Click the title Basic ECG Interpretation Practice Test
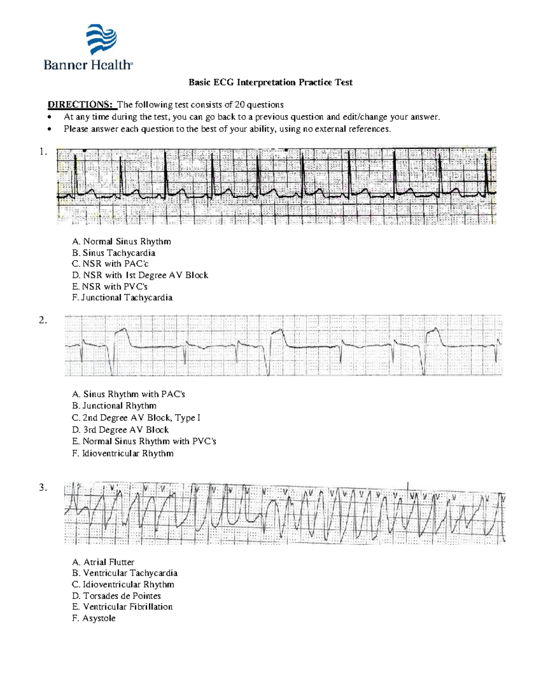pos(270,82)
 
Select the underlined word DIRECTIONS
pos(80,105)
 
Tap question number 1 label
pos(43,152)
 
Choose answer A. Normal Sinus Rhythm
pos(121,242)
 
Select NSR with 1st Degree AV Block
pos(140,275)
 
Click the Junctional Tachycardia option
pos(122,297)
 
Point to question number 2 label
pos(43,320)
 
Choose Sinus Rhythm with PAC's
pos(128,394)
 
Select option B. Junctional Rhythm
pos(114,406)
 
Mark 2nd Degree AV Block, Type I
pos(136,418)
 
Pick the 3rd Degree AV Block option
pos(120,430)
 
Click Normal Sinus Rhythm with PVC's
pos(144,441)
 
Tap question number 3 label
pos(43,487)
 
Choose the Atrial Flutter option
pos(103,562)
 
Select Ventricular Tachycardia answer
pos(125,573)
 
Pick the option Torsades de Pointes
pos(116,595)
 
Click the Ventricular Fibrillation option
pos(122,607)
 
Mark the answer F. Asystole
pos(94,618)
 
